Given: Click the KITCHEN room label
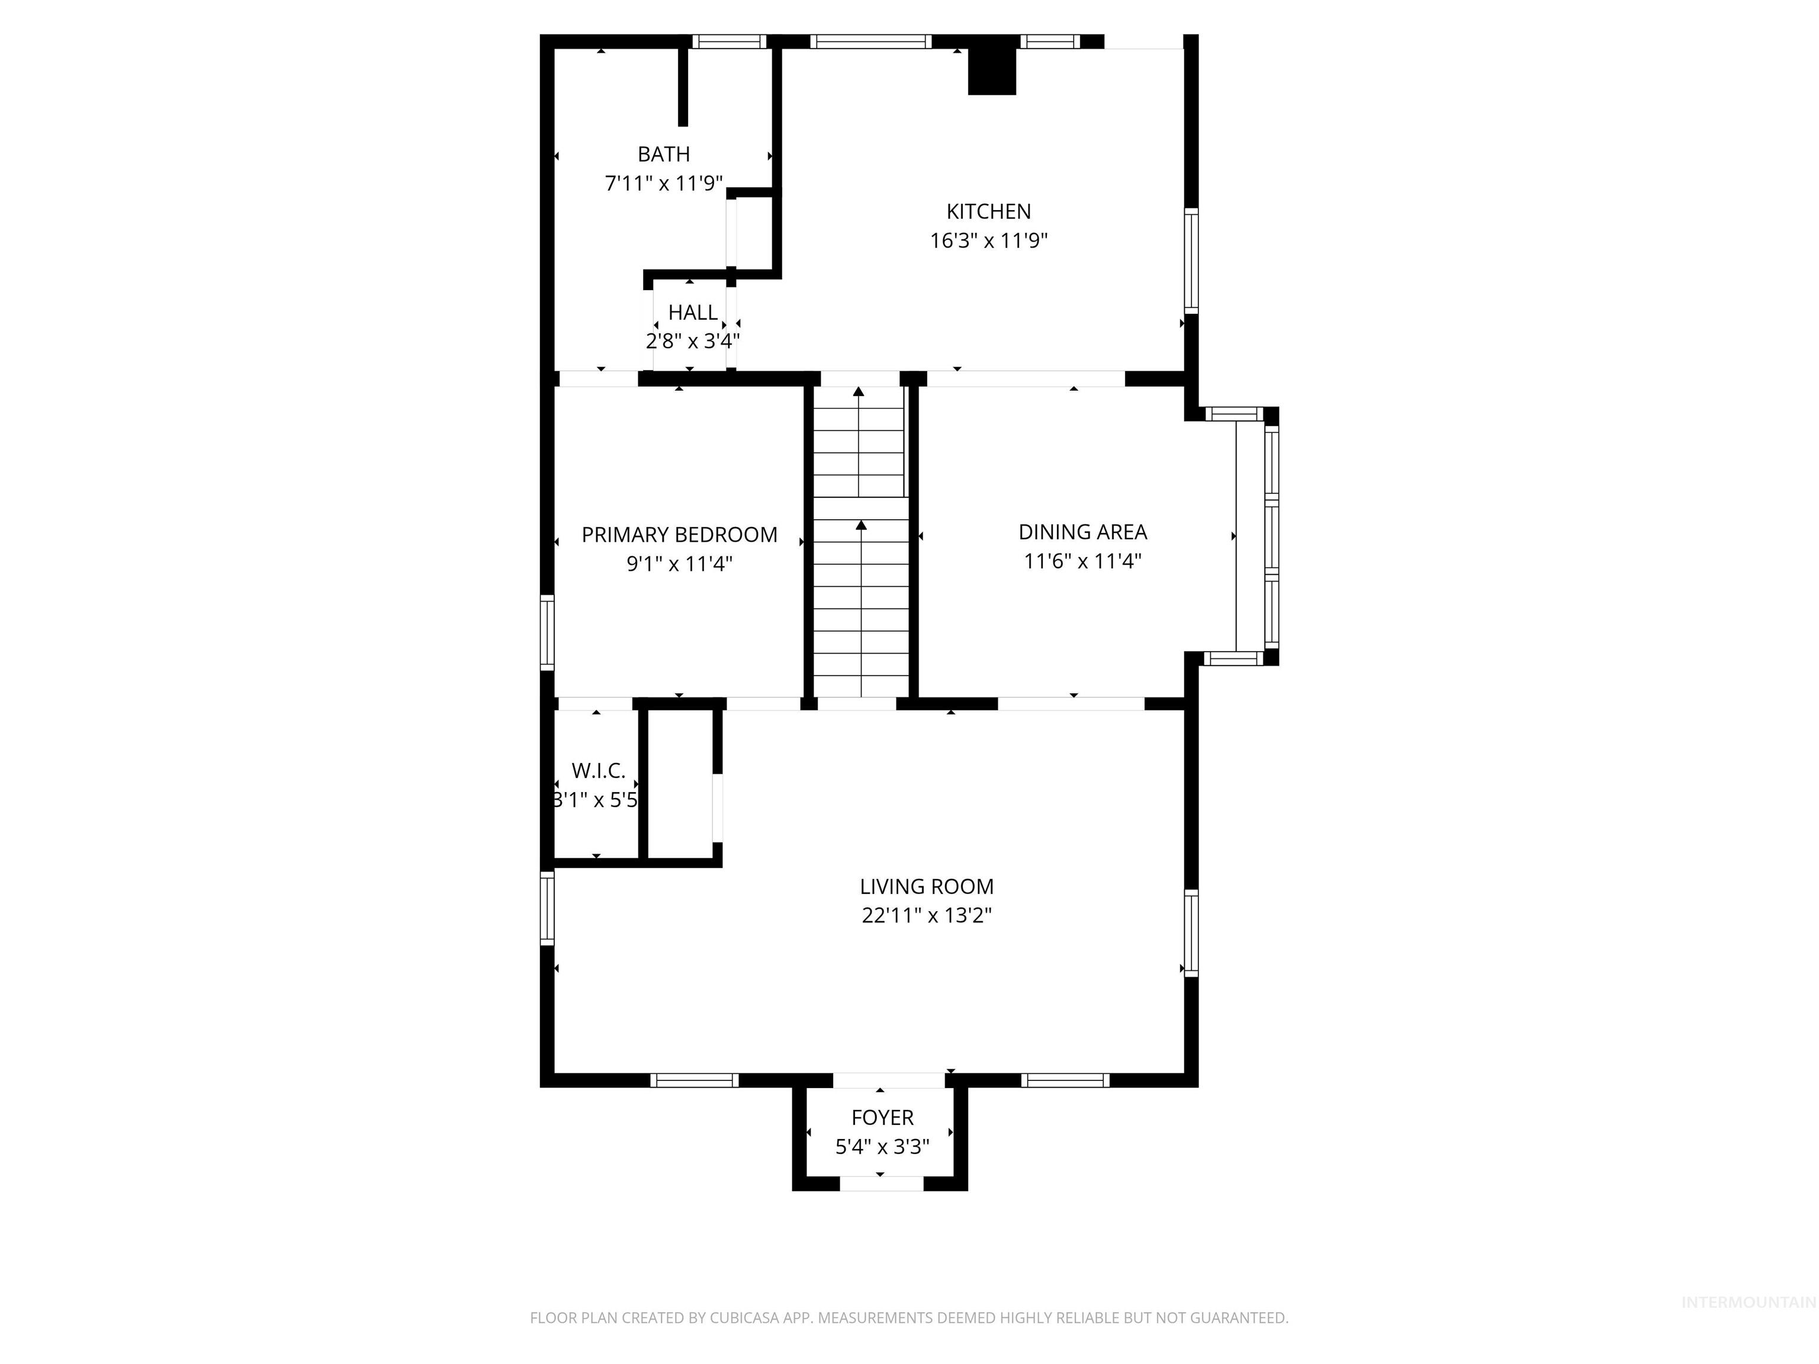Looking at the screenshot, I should pos(988,211).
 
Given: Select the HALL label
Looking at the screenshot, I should pos(692,313).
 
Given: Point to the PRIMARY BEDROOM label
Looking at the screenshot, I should pos(679,535).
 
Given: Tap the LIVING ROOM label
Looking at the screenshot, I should pos(927,886).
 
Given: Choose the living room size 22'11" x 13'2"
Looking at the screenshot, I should pos(927,916).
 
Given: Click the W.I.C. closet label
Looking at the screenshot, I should pos(598,770).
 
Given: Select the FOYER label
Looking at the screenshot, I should pos(882,1117).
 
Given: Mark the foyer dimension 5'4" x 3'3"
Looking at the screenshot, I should pos(882,1147).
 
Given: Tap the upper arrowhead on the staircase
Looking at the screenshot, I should pos(859,392).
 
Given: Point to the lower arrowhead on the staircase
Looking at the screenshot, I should pos(861,524).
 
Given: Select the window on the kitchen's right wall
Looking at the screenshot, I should pos(1191,260).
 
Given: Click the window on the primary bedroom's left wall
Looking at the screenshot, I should pos(547,632).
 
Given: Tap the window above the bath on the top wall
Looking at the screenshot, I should pos(728,41).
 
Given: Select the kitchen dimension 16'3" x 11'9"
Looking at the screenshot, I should pos(988,241).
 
